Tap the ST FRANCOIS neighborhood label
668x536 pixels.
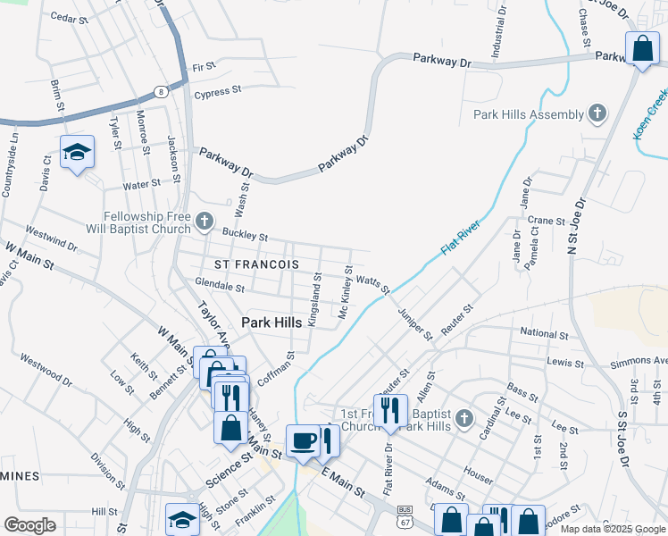point(256,264)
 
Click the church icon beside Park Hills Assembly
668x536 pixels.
point(597,113)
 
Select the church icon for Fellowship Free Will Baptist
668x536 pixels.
point(205,221)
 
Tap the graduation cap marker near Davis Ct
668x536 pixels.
point(78,152)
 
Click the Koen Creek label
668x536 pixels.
point(650,114)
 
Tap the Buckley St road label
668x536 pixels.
point(246,236)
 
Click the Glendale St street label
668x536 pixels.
point(220,287)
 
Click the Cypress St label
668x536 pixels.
point(218,90)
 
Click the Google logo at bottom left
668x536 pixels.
point(29,525)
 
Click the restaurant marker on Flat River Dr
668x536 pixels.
point(390,411)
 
